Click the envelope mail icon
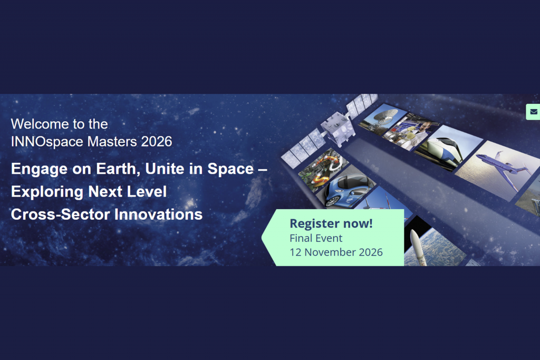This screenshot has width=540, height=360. click(x=534, y=112)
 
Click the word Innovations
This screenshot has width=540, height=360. click(x=158, y=215)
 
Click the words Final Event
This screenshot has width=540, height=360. click(x=316, y=238)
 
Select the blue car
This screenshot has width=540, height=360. click(x=346, y=190)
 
